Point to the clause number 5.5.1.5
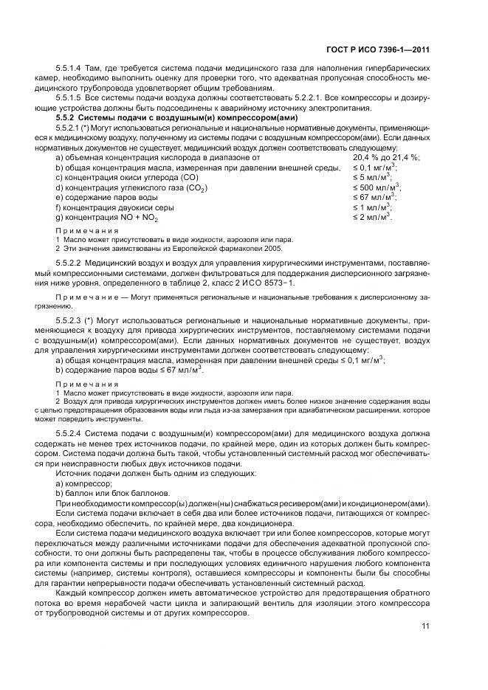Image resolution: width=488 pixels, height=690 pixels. (72, 97)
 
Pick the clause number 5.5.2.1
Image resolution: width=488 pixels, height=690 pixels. (72, 128)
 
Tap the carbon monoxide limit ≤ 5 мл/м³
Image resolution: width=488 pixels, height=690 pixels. (374, 177)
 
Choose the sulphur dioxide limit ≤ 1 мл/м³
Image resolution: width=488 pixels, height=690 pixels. (374, 208)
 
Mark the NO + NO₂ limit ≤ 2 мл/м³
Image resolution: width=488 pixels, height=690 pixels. (374, 218)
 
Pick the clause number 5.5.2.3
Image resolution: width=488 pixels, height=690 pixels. (72, 322)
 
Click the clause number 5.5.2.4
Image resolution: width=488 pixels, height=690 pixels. (72, 435)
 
